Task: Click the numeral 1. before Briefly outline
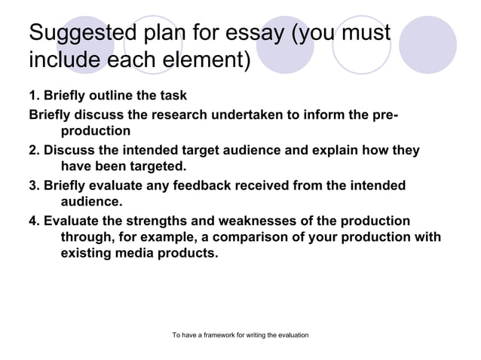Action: pos(34,96)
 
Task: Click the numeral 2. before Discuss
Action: pos(34,150)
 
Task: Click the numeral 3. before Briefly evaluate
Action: pos(34,185)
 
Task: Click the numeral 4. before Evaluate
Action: pos(34,221)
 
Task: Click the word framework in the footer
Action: pos(223,334)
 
